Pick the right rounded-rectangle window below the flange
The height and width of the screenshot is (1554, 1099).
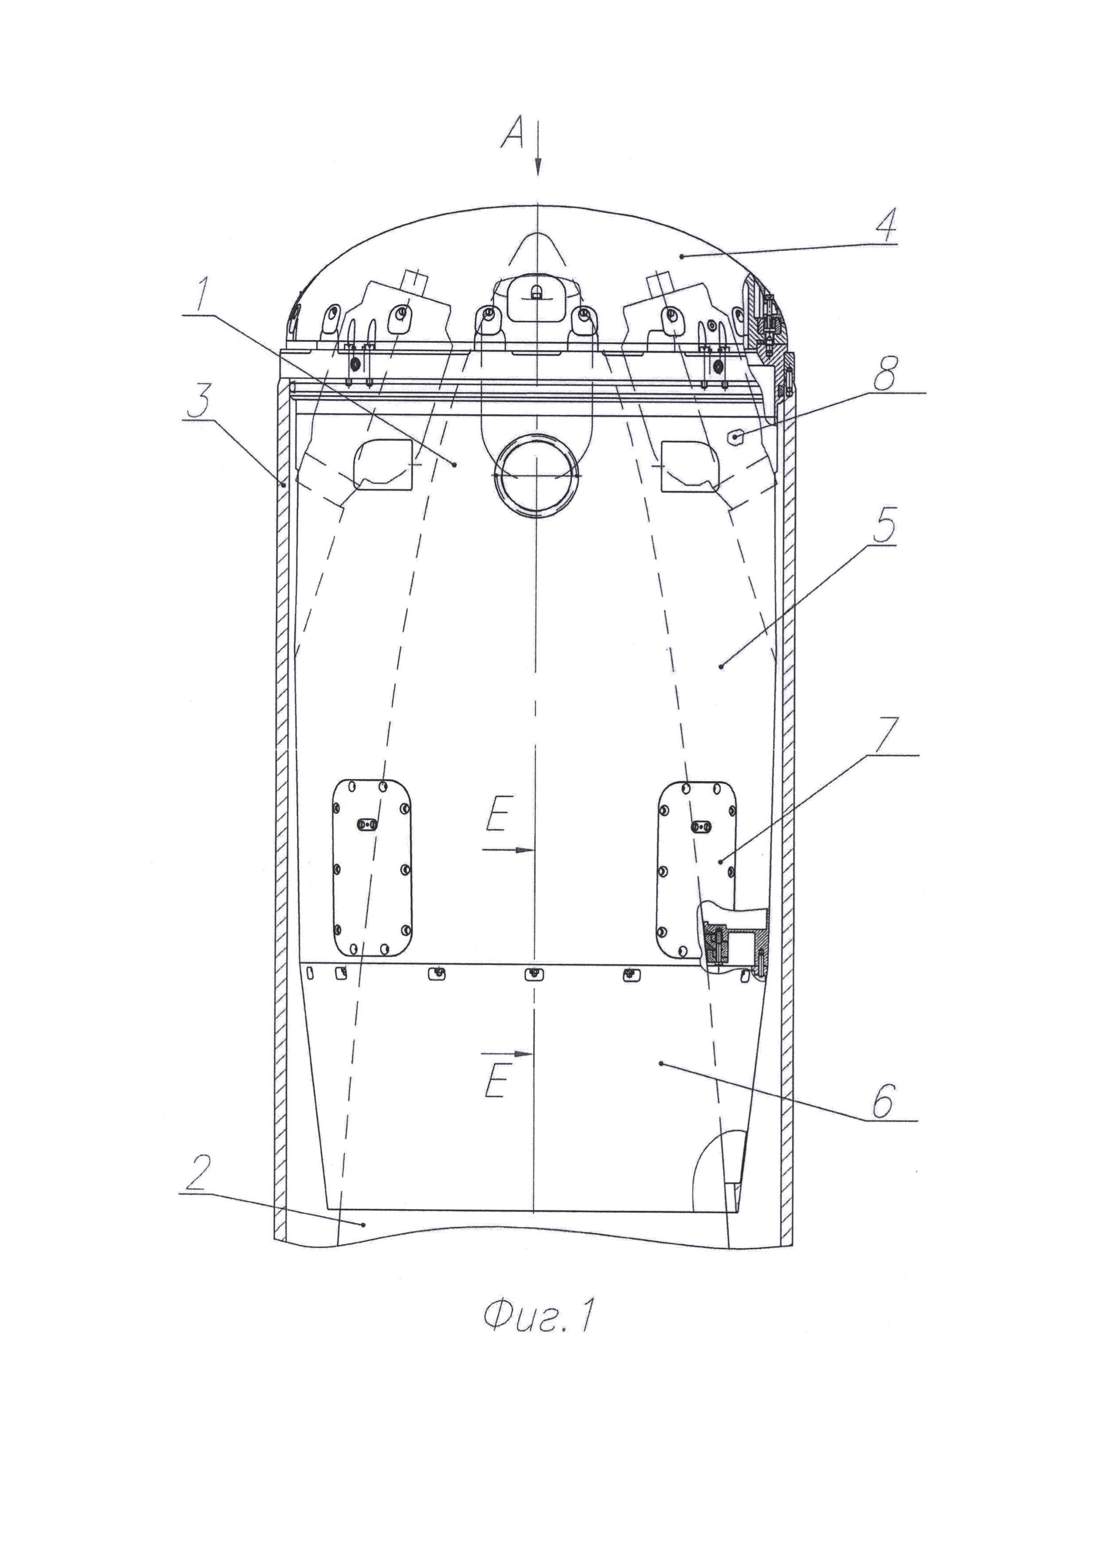[x=691, y=465]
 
